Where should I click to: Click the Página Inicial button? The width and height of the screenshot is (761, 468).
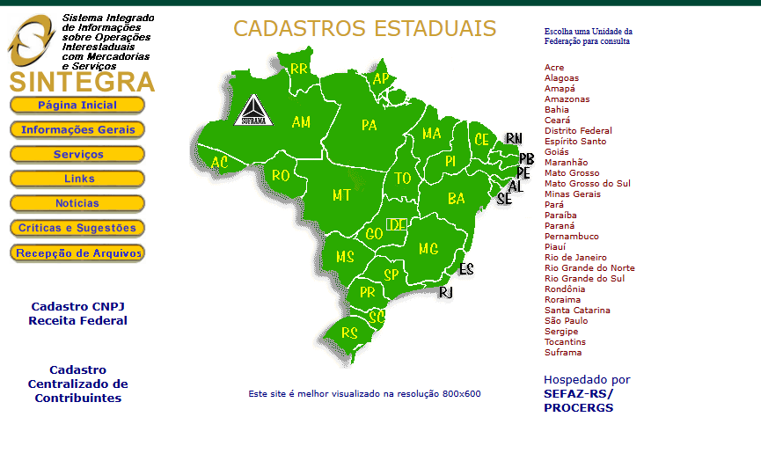click(x=77, y=105)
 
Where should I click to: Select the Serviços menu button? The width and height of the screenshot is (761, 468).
click(x=77, y=154)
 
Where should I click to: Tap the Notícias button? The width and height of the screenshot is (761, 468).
click(x=77, y=203)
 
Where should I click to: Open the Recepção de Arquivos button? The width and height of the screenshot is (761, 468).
click(x=77, y=252)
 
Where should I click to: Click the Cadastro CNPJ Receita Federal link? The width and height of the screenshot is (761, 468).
click(x=77, y=313)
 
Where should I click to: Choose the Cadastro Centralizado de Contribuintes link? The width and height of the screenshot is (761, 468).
click(x=77, y=384)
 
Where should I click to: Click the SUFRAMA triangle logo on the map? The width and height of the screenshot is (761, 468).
click(x=252, y=112)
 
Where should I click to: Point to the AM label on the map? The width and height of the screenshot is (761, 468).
click(x=301, y=122)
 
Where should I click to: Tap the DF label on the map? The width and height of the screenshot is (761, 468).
click(x=396, y=224)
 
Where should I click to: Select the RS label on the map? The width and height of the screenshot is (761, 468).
click(x=349, y=334)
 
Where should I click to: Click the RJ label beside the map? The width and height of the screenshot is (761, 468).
click(x=445, y=292)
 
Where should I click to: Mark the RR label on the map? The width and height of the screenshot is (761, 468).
click(x=299, y=69)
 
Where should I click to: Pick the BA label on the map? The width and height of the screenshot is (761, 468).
click(x=456, y=199)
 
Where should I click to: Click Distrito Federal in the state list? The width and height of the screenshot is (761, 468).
click(x=578, y=131)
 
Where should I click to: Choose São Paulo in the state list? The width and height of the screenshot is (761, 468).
click(x=566, y=321)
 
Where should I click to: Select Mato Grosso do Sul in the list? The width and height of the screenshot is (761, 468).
click(x=587, y=184)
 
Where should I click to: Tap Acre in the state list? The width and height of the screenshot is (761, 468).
click(x=554, y=68)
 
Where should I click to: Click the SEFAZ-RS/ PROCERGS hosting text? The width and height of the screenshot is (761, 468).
click(x=578, y=400)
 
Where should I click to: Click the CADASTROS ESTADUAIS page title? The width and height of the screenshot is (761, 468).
click(x=364, y=29)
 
